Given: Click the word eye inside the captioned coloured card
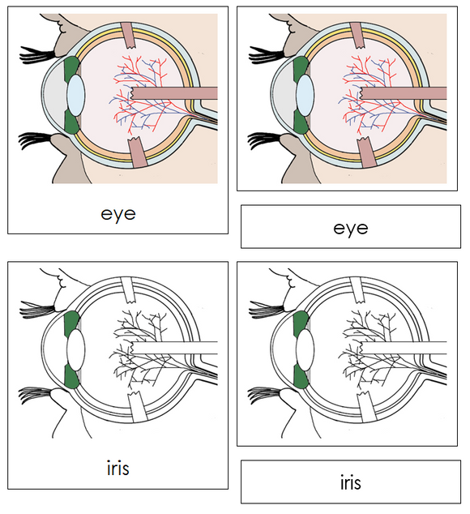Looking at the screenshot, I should click(x=118, y=214).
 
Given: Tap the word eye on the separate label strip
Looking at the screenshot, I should click(x=350, y=228).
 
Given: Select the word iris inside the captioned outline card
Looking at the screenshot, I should click(x=118, y=469).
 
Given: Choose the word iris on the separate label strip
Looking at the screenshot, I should click(x=350, y=483).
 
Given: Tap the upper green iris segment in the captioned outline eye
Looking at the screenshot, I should click(x=71, y=322).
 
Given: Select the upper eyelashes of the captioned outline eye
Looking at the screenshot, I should click(x=36, y=309).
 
